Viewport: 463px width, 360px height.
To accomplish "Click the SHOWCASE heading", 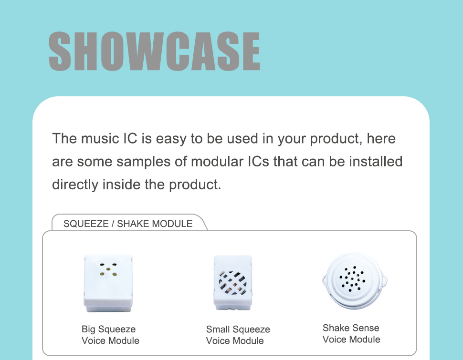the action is click(x=154, y=51).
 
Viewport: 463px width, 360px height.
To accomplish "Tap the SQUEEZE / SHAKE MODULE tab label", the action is click(x=128, y=224).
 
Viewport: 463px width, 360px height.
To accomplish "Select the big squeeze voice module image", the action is click(x=108, y=283).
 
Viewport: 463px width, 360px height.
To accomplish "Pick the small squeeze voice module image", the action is click(x=233, y=283).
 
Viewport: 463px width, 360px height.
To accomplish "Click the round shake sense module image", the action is click(x=354, y=281).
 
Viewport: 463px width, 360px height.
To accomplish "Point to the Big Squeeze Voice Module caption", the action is click(x=110, y=335).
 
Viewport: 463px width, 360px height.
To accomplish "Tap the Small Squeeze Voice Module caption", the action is click(x=238, y=335).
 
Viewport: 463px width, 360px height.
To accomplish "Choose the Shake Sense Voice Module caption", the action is click(x=351, y=334).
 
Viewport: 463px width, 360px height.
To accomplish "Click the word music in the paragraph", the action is click(x=100, y=138).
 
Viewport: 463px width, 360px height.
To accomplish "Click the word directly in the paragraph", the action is click(x=75, y=185).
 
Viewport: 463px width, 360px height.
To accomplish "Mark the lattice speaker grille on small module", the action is click(x=232, y=283).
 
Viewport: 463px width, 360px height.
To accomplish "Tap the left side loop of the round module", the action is click(x=325, y=280).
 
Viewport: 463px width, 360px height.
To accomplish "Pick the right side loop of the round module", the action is click(x=384, y=279).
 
